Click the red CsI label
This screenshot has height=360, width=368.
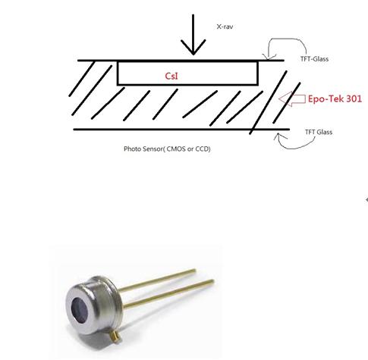click(x=171, y=76)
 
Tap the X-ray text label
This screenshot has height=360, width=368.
click(x=225, y=27)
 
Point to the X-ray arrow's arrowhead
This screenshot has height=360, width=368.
click(x=193, y=47)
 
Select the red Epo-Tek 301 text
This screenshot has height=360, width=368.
click(x=335, y=99)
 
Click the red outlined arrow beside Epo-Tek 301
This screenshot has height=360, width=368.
click(x=291, y=99)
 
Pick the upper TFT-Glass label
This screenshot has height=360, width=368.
click(x=314, y=59)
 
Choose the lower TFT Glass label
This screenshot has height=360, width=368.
click(x=319, y=132)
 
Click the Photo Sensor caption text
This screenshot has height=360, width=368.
click(x=167, y=149)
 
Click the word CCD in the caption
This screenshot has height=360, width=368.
click(x=202, y=149)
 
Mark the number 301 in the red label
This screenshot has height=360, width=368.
click(x=354, y=99)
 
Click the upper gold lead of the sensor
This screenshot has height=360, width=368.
click(x=157, y=280)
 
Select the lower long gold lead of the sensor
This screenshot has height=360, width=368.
click(x=168, y=293)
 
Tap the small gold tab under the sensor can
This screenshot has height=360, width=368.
click(x=115, y=336)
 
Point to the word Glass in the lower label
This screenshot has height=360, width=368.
click(x=325, y=132)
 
